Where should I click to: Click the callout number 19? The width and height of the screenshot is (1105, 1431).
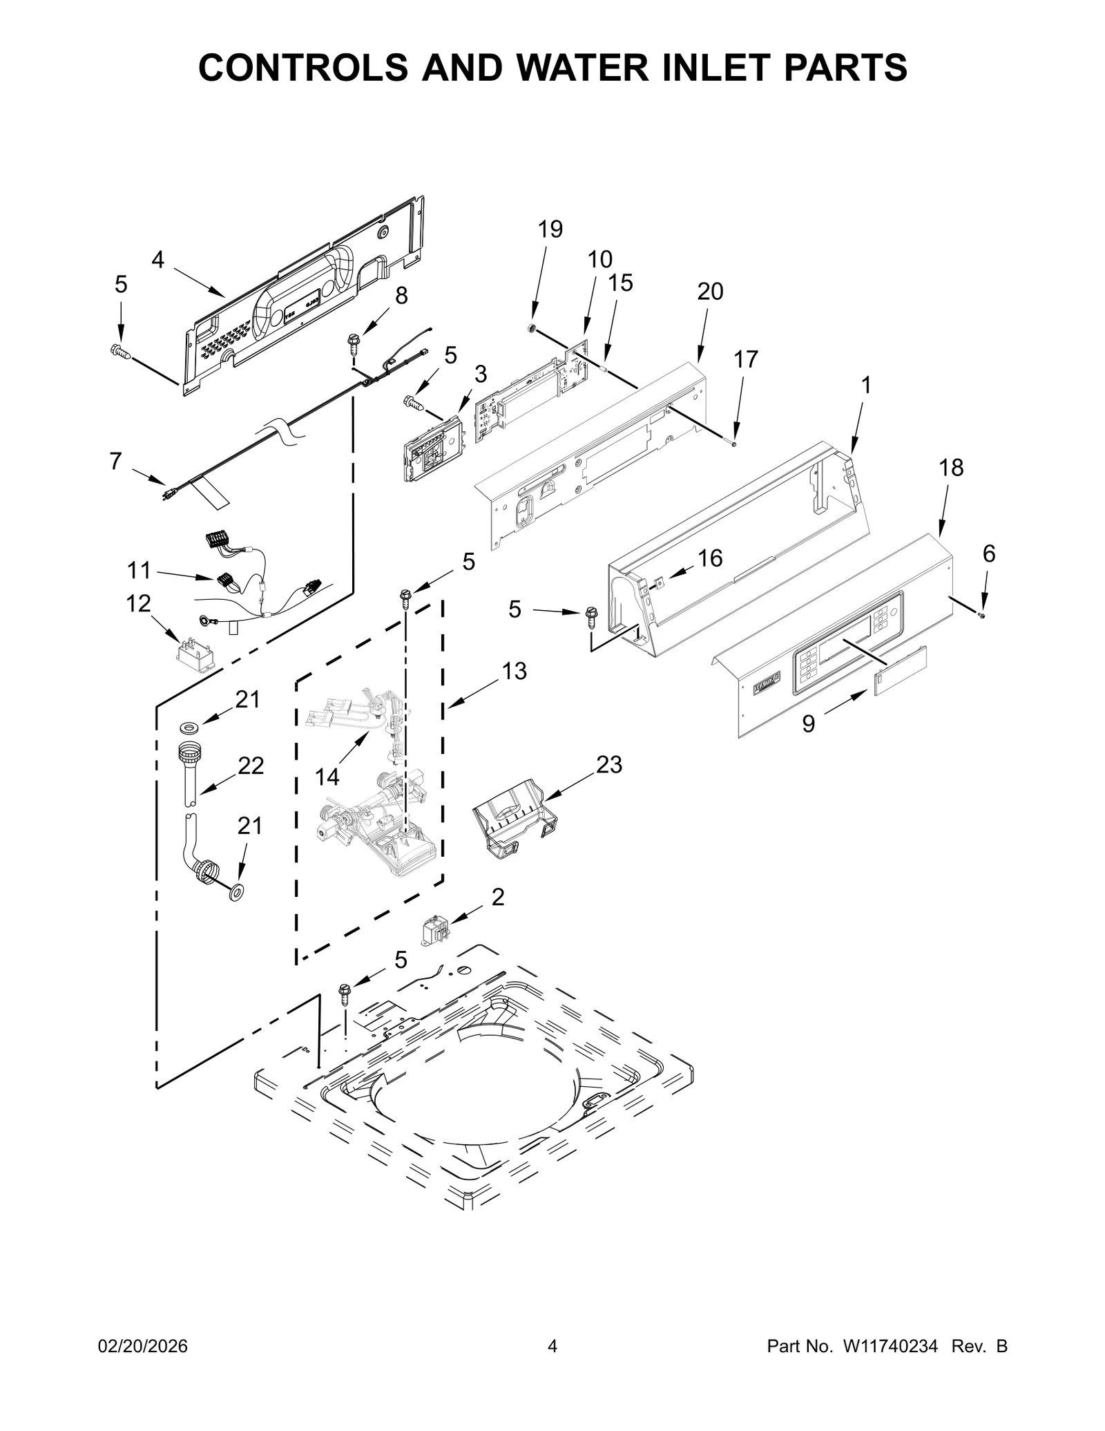point(550,229)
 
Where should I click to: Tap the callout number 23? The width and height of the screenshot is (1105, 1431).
point(609,764)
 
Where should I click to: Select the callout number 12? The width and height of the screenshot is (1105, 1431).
point(138,603)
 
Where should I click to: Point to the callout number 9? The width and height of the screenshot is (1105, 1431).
point(808,723)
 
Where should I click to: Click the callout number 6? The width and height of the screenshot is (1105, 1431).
point(989,553)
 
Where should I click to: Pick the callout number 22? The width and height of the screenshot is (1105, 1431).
point(251,766)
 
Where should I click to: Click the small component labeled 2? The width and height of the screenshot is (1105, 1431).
point(435,931)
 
